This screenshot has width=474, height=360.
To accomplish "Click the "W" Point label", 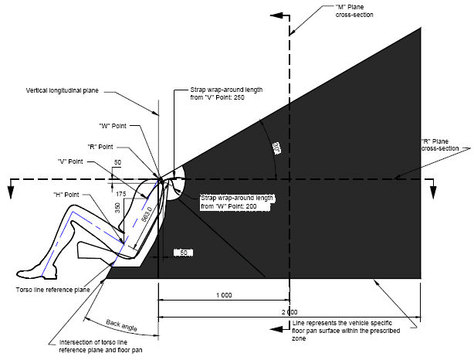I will tap(114, 126).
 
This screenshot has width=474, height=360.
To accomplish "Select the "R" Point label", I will tap(101, 146).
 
